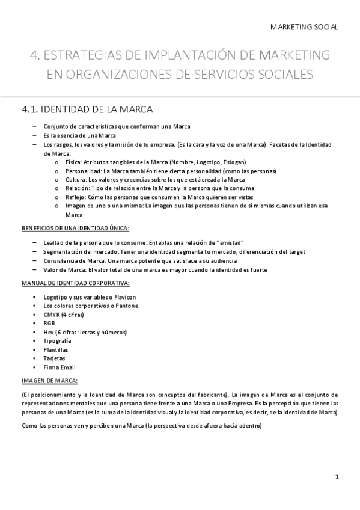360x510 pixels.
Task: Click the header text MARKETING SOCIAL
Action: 304,27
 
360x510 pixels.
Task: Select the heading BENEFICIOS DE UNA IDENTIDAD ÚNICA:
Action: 75,228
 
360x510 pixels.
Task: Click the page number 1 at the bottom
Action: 338,476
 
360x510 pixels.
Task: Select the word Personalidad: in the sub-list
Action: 82,171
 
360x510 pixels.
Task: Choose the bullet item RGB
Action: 49,324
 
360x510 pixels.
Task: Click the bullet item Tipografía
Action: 57,341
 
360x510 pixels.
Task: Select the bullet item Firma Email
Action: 59,367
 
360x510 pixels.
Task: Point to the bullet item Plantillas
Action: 56,349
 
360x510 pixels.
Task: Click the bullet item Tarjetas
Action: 54,358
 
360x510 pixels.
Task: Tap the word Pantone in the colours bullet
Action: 126,306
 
